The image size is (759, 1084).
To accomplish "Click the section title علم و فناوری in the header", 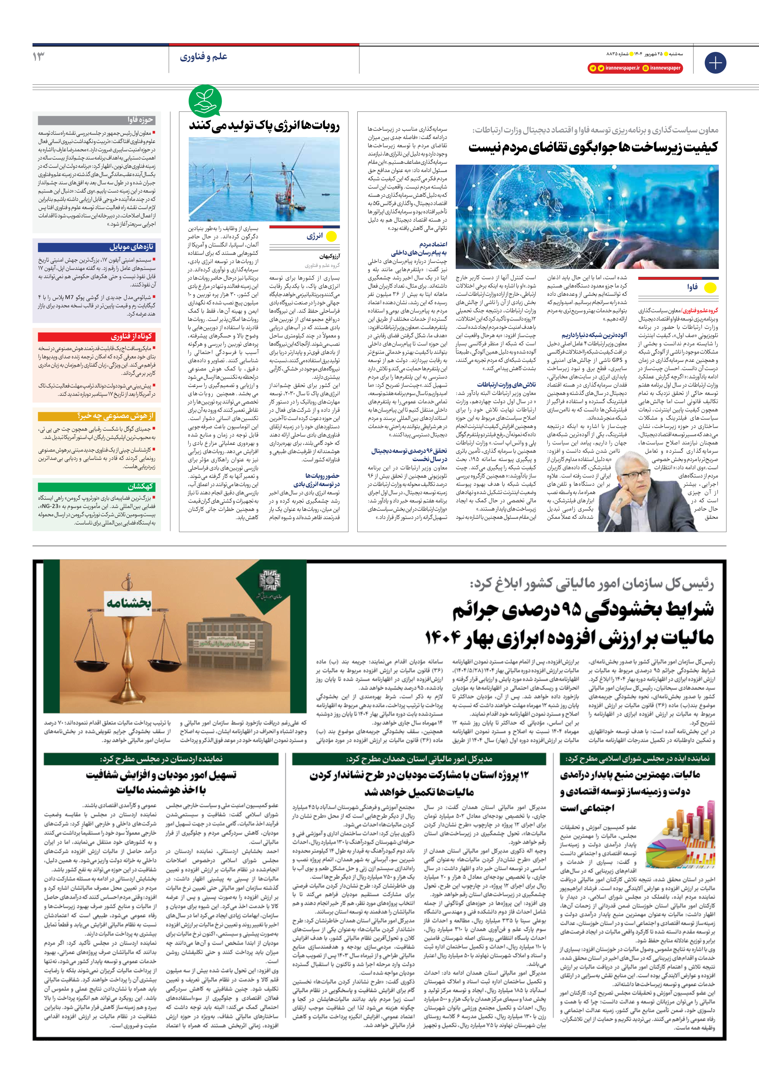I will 204,57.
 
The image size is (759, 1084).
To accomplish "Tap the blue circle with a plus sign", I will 715,63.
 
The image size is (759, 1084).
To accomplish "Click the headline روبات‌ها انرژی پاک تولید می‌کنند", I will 264,126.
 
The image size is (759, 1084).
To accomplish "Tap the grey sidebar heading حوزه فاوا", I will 140,120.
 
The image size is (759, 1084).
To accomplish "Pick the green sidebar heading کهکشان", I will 141,486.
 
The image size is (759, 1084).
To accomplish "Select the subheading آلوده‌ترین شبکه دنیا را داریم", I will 594,335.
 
